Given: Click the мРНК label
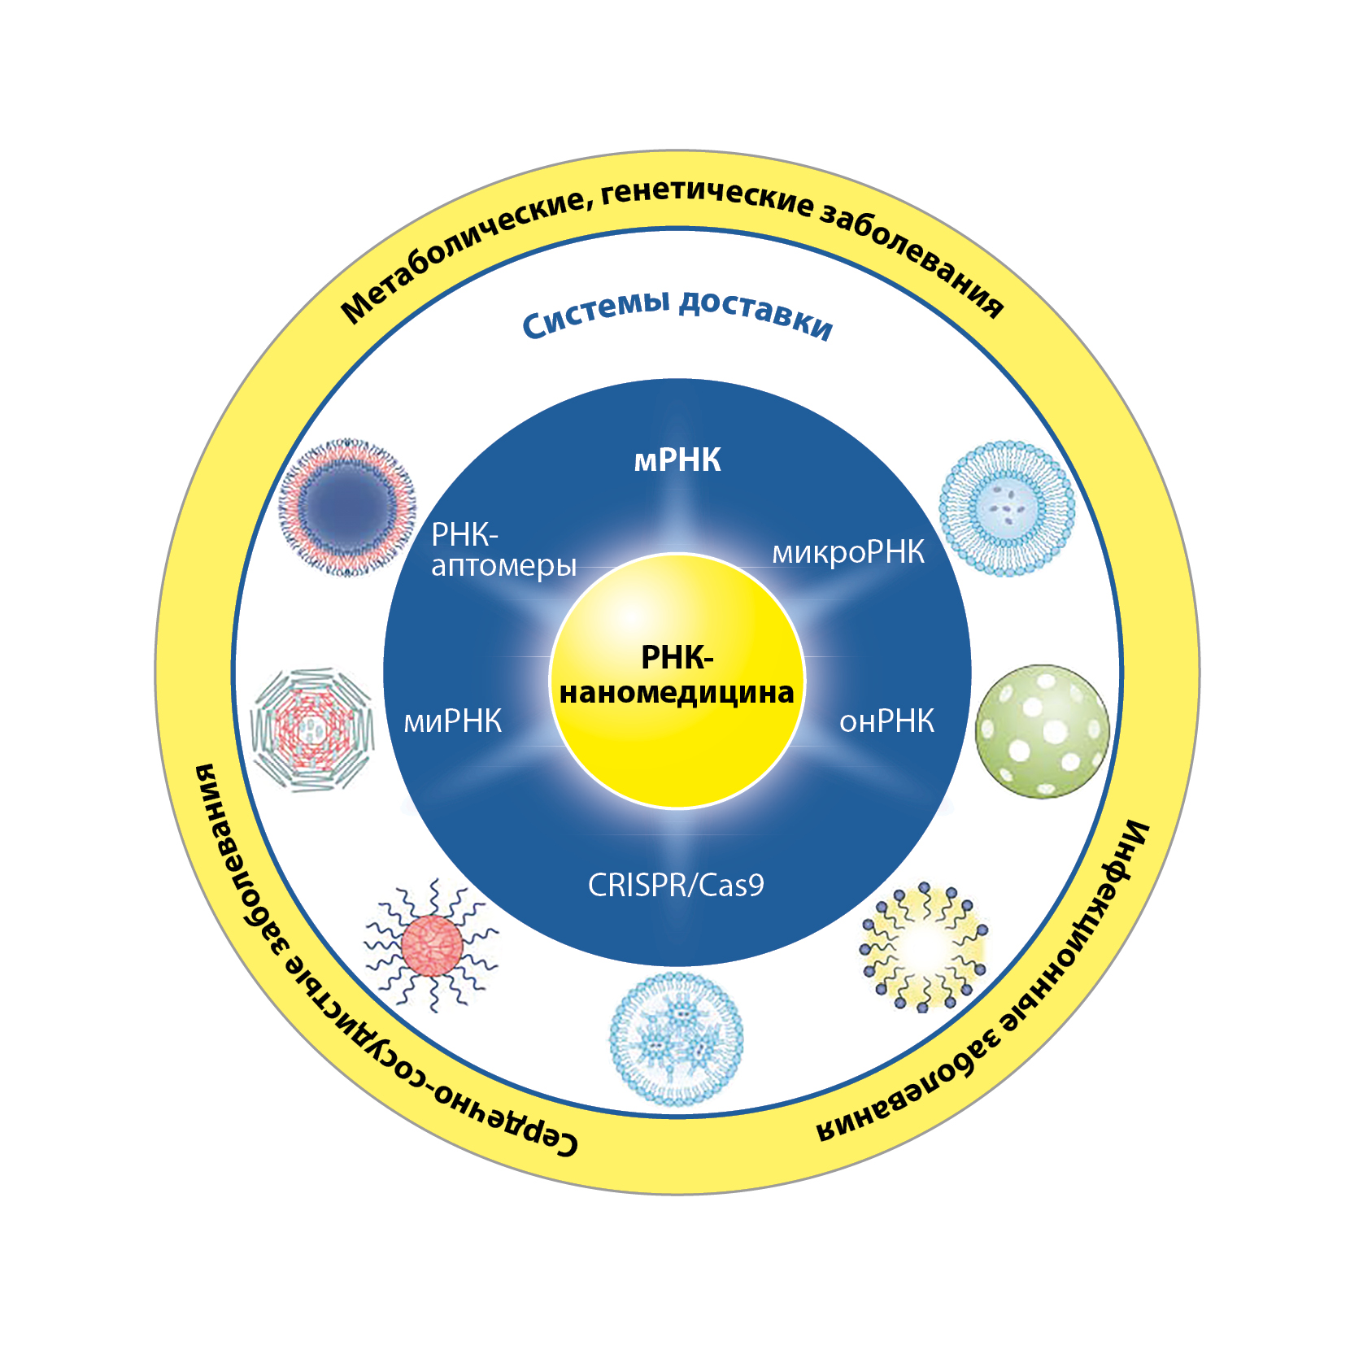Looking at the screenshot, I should tap(677, 460).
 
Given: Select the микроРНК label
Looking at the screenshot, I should tap(848, 552).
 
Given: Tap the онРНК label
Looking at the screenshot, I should tap(886, 721).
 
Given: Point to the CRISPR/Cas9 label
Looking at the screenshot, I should tap(676, 885).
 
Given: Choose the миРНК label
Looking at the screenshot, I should tap(453, 721).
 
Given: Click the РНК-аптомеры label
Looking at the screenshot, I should tap(503, 550).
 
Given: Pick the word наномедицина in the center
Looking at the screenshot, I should tap(677, 693).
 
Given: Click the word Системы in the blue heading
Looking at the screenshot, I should tap(595, 313).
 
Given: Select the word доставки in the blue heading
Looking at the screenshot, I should tap(756, 313).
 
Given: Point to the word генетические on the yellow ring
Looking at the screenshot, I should tap(708, 198).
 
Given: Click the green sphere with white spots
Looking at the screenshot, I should tap(1042, 731).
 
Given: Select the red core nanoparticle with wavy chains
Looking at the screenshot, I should tap(432, 945).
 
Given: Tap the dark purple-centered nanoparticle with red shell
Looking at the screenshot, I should tap(347, 508).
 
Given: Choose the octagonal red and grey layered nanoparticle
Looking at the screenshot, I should tap(311, 730).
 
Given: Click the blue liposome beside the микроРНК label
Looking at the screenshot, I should tap(1007, 509).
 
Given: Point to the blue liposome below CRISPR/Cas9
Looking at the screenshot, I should tap(677, 1039).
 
